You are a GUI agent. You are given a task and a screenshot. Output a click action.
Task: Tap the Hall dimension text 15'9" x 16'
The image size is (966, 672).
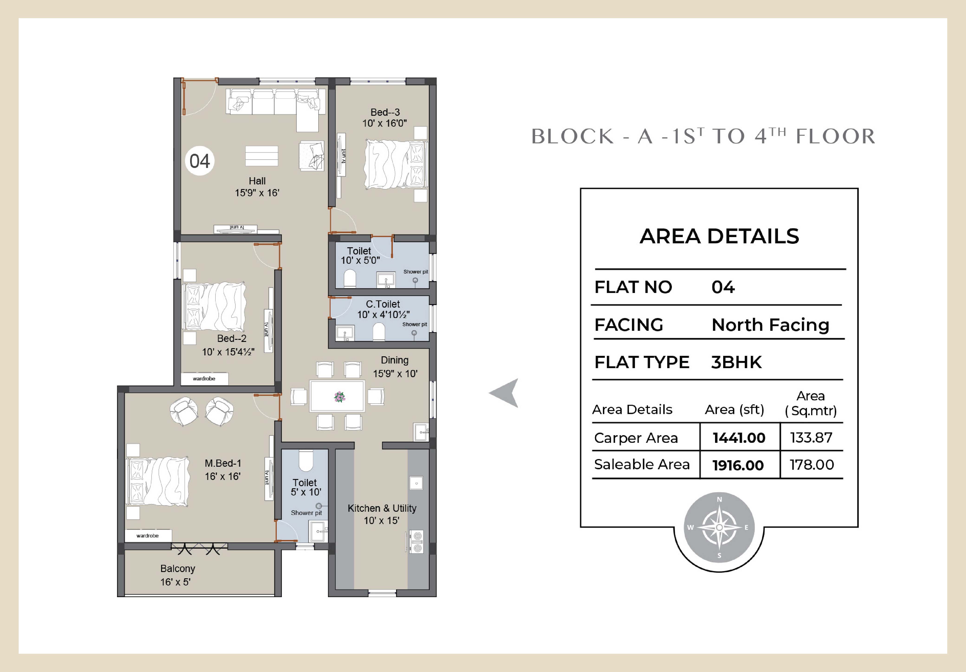[257, 193]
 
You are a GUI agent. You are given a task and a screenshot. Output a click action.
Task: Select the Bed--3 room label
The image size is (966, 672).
[385, 112]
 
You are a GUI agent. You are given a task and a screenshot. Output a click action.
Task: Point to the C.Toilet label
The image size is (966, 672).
[383, 304]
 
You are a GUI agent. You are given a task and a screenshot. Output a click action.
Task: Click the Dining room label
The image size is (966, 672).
[395, 360]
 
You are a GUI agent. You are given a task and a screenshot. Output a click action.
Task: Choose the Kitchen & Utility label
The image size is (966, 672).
[382, 508]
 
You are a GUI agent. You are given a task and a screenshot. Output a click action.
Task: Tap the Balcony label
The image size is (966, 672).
[178, 569]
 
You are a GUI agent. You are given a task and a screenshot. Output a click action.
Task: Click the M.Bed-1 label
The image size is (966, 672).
[223, 463]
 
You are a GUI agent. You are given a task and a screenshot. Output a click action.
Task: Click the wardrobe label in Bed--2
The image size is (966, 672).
[204, 379]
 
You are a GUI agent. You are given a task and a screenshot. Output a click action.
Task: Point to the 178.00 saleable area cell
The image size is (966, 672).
[812, 465]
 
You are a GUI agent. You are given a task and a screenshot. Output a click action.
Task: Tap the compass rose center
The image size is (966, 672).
[719, 527]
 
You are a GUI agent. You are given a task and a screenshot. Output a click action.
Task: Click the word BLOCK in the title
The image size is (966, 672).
[573, 137]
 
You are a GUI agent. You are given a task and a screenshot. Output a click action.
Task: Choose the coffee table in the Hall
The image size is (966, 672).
[262, 156]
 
